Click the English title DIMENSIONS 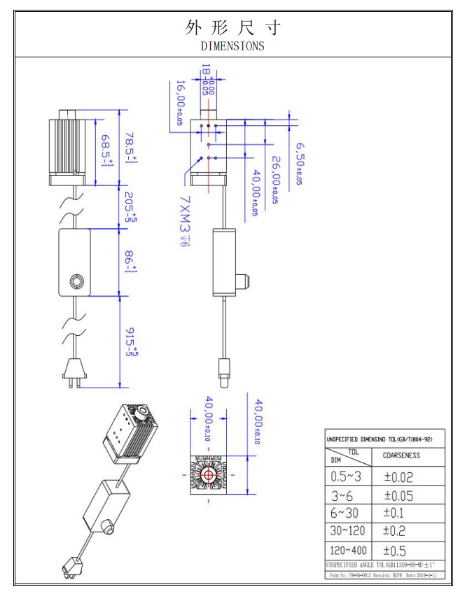click(233, 46)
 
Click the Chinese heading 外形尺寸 click(233, 27)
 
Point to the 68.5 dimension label click(107, 151)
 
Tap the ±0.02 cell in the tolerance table click(398, 477)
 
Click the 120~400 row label click(349, 551)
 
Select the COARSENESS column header click(401, 455)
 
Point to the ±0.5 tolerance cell click(395, 551)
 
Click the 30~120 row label click(349, 532)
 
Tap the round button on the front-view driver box click(76, 282)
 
